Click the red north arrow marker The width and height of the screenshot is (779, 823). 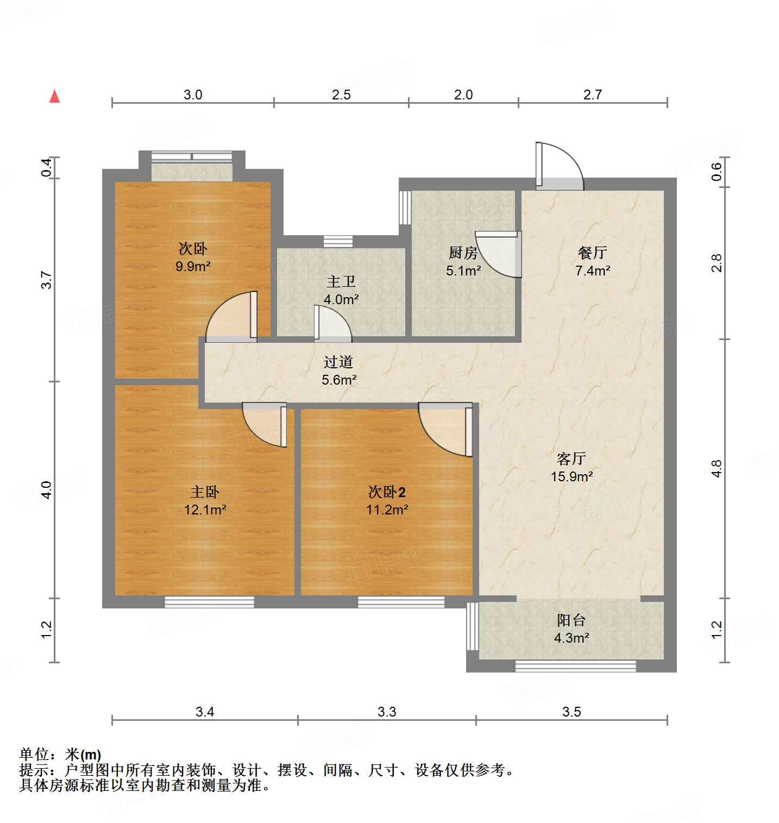(x=54, y=96)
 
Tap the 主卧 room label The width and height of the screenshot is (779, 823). (x=205, y=492)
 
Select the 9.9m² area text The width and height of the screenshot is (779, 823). (x=193, y=266)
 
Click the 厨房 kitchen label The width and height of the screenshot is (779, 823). (x=463, y=253)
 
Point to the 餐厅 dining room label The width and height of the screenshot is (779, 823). (x=592, y=253)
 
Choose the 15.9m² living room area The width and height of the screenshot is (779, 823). (x=571, y=476)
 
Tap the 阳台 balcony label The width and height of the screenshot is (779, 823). (x=571, y=620)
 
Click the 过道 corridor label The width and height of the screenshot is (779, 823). (x=338, y=362)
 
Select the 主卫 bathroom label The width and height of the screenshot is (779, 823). (x=341, y=281)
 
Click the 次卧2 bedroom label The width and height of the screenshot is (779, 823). (x=387, y=492)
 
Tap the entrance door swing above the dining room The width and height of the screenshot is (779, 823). (x=560, y=166)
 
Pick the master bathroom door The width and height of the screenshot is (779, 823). (x=332, y=324)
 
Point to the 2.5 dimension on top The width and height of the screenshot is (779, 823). (x=341, y=95)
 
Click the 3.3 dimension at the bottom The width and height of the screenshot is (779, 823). (x=387, y=712)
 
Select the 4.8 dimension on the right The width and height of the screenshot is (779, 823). (x=717, y=468)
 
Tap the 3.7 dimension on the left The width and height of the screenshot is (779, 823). (x=47, y=280)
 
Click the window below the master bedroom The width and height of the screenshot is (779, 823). (x=209, y=602)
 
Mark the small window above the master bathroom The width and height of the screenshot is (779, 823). (x=338, y=242)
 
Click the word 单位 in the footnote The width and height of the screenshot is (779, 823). (x=34, y=755)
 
